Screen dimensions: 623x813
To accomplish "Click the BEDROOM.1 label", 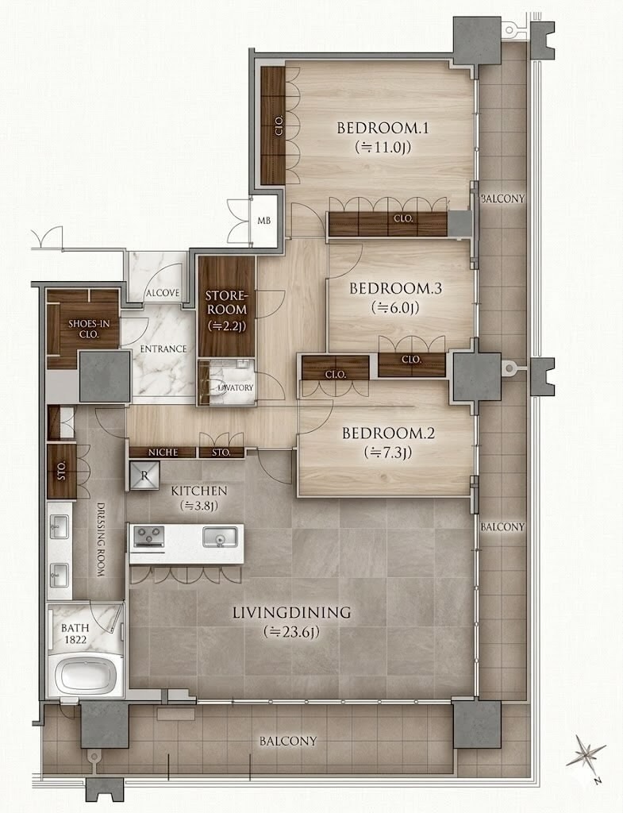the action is [x=383, y=128].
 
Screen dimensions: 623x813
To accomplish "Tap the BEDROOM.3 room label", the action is [x=395, y=288].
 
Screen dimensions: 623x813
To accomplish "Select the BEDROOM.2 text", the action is [x=388, y=433].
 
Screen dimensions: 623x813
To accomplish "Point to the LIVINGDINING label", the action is [x=292, y=612].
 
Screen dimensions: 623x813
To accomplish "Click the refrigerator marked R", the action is [x=144, y=476].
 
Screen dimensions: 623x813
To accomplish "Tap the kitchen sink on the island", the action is [x=221, y=536].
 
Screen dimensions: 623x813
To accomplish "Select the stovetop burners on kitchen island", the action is [x=148, y=536].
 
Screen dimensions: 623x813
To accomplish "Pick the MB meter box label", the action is [x=263, y=221].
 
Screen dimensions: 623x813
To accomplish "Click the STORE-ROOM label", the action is [x=226, y=302].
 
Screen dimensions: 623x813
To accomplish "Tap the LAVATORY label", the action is [x=236, y=387].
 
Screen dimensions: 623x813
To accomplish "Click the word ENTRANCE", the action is [x=163, y=349].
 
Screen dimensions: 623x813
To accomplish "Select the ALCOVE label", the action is [x=162, y=293].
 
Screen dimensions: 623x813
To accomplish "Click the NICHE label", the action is [x=163, y=453].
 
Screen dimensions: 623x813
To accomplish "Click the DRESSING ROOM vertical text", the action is [x=101, y=539].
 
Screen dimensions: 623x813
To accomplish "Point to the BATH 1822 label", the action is [x=75, y=634].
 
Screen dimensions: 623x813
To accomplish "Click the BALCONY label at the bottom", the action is [x=287, y=741].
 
